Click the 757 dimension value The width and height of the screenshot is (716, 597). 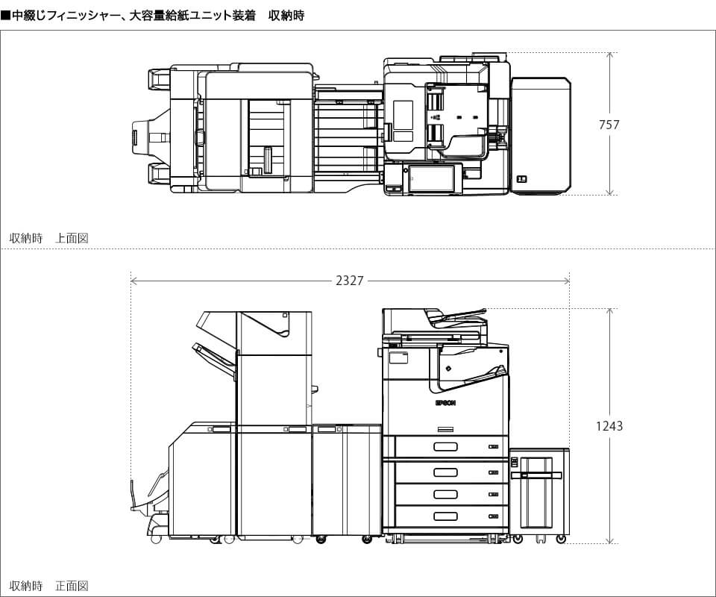point(609,125)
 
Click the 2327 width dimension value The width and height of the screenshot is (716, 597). point(350,281)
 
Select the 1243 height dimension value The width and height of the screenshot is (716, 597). point(609,426)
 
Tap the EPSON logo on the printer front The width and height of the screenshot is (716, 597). point(445,403)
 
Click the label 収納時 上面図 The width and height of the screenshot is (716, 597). point(49,238)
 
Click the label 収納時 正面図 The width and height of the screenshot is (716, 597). point(49,586)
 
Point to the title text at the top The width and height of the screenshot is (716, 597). point(152,16)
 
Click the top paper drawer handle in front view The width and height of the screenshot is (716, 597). point(445,446)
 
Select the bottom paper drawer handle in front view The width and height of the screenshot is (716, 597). point(445,516)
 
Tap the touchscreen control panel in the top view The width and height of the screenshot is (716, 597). point(432,178)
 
